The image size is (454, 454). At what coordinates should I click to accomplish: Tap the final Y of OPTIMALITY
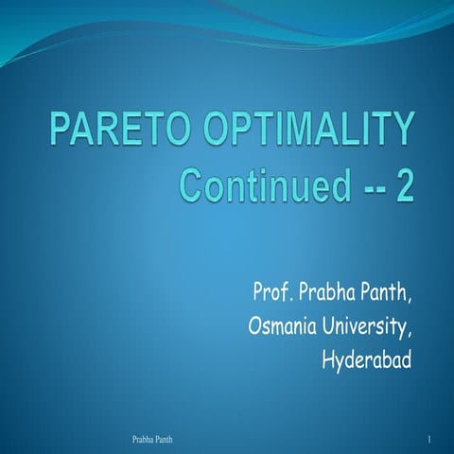404,131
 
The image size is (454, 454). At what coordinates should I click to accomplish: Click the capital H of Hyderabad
328,359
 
